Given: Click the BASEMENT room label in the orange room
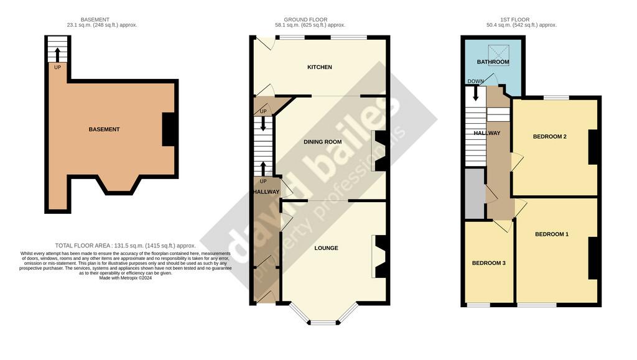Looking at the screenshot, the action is click(104, 129).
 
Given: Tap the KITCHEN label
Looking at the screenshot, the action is click(319, 67).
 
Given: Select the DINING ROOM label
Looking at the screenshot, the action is click(323, 142).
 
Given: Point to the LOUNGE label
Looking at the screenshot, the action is click(326, 248).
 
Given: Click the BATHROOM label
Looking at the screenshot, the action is click(493, 62).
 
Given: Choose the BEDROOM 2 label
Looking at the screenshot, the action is click(550, 136).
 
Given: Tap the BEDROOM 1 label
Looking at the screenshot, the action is click(552, 234).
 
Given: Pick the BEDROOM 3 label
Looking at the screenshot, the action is click(489, 263).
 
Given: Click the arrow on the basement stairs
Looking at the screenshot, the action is click(57, 54).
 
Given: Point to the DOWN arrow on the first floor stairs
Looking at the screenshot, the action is click(476, 93).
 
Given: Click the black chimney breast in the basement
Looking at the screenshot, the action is click(169, 129).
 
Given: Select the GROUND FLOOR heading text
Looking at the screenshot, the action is click(305, 19).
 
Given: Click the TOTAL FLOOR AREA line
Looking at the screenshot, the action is click(126, 246).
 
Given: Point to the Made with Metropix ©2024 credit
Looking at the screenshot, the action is click(126, 278).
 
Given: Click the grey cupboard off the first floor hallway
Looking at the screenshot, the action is click(475, 193).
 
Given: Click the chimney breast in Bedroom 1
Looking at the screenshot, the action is click(593, 258).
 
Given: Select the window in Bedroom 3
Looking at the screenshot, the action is click(478, 305).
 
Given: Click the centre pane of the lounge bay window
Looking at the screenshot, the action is click(323, 323).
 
